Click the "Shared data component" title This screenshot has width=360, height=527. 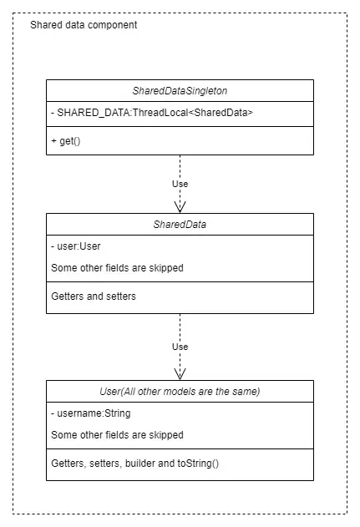point(84,25)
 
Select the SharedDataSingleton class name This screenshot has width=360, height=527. point(180,91)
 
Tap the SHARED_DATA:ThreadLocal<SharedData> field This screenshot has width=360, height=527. point(152,113)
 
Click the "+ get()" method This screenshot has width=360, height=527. point(66,141)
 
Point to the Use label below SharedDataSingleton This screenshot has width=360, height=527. point(180,184)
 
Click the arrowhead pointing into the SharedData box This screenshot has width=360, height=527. point(180,207)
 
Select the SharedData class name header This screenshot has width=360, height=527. point(180,225)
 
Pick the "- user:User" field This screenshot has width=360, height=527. point(76,246)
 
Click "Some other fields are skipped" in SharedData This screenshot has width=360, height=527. point(117,268)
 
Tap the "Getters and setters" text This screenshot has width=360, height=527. point(94,296)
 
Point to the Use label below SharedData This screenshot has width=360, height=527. point(180,347)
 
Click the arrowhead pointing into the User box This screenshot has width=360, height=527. point(180,374)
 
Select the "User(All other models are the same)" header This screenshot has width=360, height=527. point(180,392)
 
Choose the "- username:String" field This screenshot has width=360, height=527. point(91,413)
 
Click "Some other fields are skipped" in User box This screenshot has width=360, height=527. point(117,435)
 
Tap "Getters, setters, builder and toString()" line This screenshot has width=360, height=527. point(134,464)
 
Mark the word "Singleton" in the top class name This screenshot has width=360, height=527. point(206,91)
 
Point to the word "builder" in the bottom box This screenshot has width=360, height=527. point(139,464)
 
